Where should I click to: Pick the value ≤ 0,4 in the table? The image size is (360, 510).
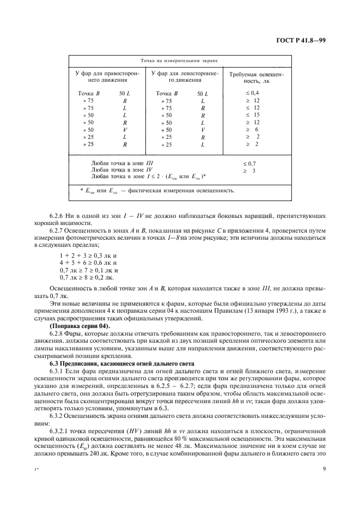(x=253, y=94)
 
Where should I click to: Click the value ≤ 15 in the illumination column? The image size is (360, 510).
(x=253, y=115)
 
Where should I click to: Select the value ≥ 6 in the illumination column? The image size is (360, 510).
(x=253, y=129)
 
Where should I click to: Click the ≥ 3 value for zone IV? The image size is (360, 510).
(x=250, y=170)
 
